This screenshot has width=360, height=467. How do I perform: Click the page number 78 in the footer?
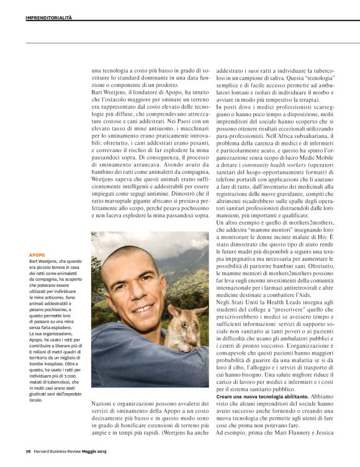[x=28, y=451]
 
